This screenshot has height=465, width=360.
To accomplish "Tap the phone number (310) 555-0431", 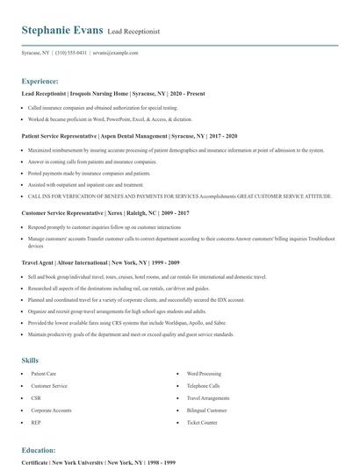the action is (71, 53).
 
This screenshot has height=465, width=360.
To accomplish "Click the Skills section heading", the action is (31, 360).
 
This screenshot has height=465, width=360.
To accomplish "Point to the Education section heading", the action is (39, 449).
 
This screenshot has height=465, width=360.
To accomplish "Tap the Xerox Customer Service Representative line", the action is (105, 213).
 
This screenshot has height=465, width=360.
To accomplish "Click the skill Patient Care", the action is (44, 374).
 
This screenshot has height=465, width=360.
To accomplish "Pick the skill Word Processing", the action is (205, 374).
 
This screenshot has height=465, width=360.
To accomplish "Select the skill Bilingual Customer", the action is (207, 410).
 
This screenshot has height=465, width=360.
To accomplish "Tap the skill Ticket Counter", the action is (202, 422).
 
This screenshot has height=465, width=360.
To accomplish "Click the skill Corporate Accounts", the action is (51, 410).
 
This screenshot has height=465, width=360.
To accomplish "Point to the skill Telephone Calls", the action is (203, 386).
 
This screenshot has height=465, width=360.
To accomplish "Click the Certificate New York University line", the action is (98, 461).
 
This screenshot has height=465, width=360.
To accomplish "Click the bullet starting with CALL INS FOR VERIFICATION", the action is (168, 198).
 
